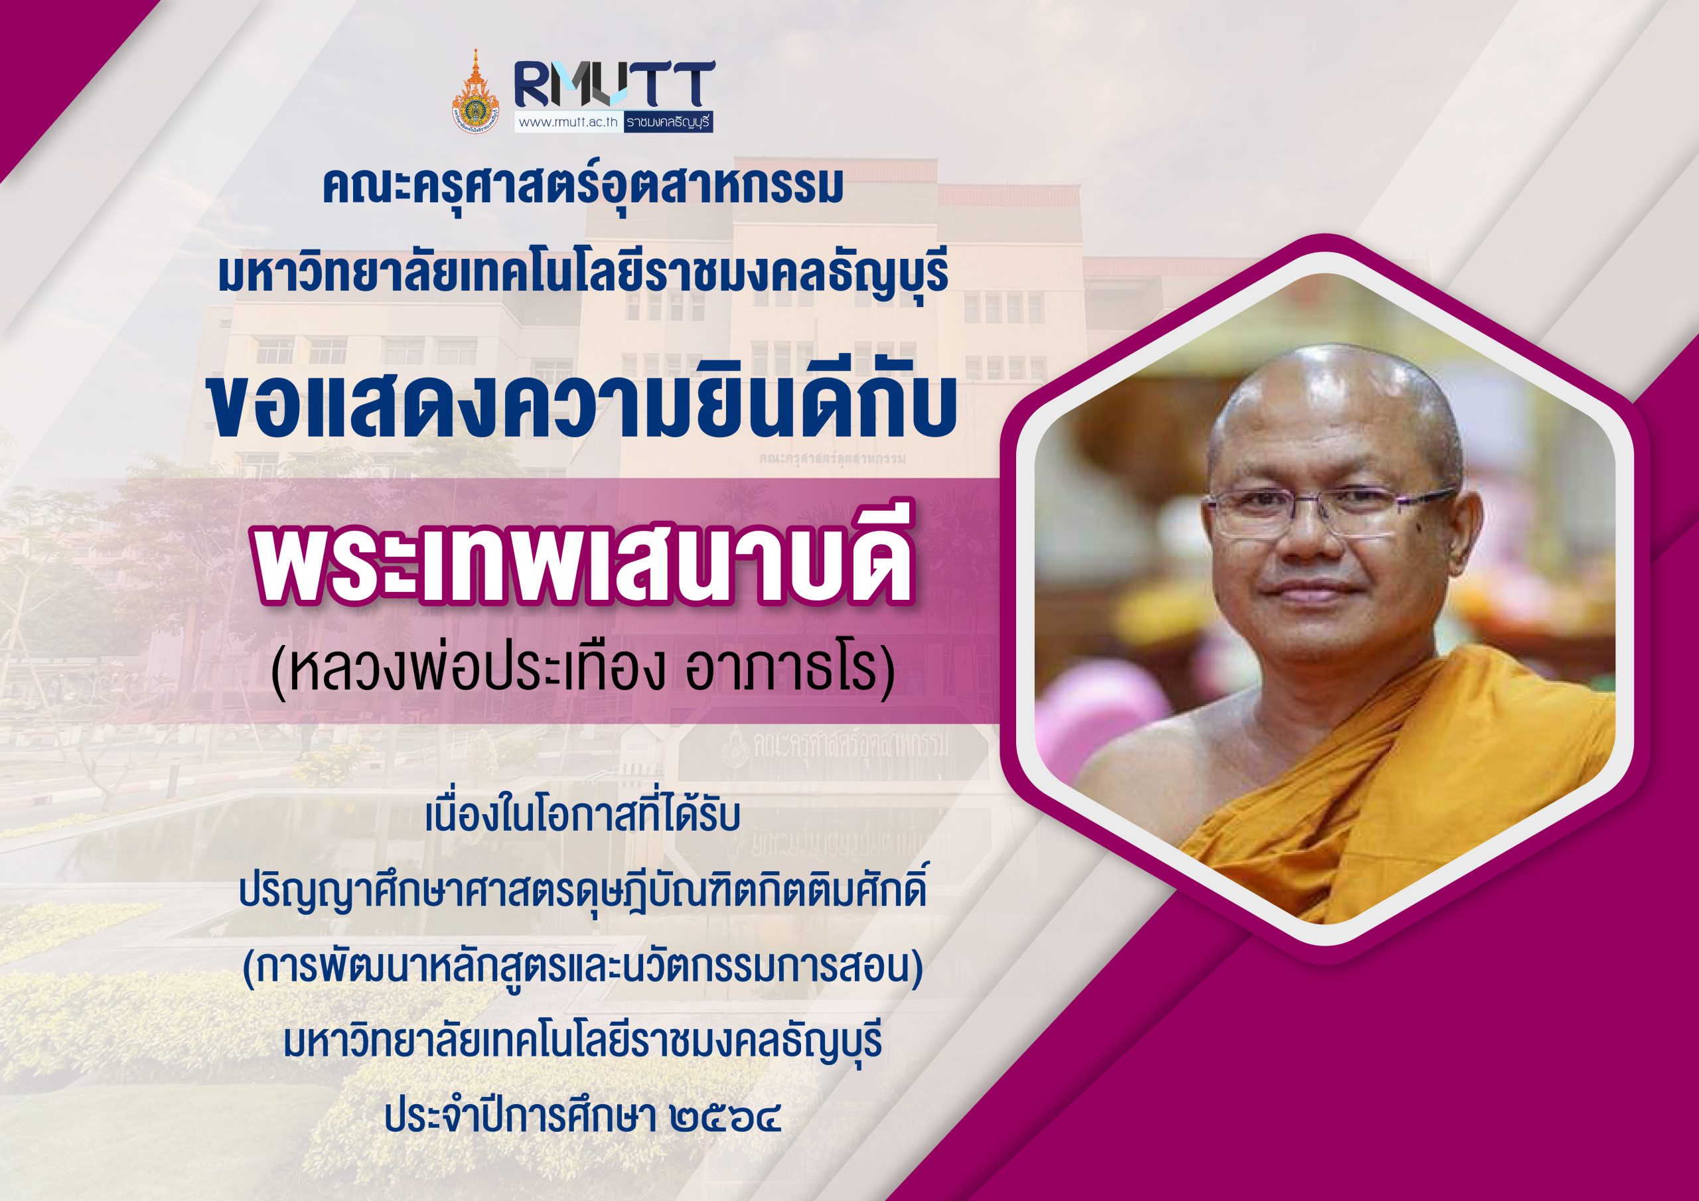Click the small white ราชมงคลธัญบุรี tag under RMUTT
tap(668, 123)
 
